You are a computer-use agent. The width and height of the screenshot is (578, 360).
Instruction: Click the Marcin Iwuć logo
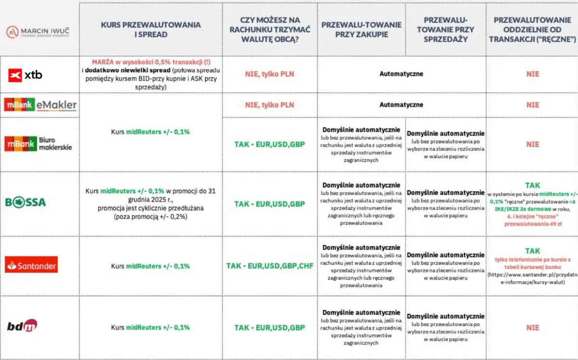point(38,32)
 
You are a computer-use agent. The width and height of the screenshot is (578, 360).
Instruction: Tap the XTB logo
point(25,75)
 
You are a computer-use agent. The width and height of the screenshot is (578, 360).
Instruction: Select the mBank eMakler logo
point(40,104)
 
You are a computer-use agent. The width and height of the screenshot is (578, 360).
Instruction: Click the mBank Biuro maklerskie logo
point(38,144)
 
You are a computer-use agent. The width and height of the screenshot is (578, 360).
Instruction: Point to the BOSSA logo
point(26,202)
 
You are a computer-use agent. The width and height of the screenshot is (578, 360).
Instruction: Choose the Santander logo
point(31,265)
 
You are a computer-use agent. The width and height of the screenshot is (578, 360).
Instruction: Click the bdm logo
point(22,326)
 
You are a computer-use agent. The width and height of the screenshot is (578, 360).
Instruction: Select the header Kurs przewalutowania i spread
point(151,29)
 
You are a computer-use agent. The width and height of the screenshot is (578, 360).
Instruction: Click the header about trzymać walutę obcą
point(269,29)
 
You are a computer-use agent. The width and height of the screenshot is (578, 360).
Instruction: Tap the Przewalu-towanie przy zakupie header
point(361,29)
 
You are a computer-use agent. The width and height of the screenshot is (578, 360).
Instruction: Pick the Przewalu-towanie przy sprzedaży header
point(446,29)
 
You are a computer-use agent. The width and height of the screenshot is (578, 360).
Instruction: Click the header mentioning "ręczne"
point(532,29)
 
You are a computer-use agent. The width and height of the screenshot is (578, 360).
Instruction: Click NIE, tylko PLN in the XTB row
point(270,74)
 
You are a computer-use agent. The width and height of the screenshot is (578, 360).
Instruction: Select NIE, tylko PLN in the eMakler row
point(270,105)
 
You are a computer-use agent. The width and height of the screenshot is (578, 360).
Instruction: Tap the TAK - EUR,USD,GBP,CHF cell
point(270,266)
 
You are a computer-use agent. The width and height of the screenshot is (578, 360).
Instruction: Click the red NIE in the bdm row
point(533,327)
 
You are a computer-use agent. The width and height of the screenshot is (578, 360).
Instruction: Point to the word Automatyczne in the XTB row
point(401,74)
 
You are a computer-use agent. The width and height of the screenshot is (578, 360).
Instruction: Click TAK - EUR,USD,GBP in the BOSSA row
point(270,204)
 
